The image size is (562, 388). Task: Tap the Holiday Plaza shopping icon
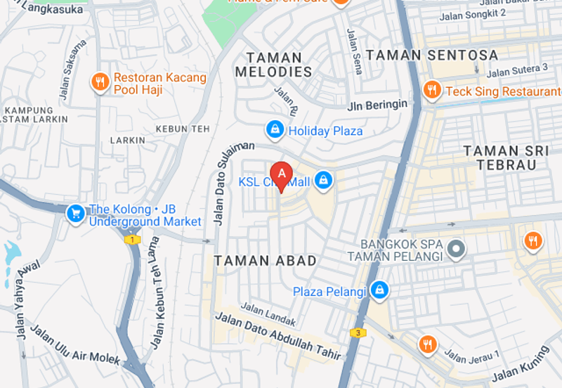click(x=275, y=130)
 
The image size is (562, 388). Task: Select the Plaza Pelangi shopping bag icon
click(x=379, y=290)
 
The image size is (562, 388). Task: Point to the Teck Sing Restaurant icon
click(x=432, y=91)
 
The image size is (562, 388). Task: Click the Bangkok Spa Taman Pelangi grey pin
click(x=457, y=249)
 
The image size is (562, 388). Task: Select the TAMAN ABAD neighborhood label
click(x=266, y=261)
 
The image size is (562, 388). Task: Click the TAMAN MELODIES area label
click(x=274, y=65)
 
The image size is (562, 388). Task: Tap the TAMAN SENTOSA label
click(x=433, y=55)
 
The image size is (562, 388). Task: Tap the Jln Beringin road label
click(x=377, y=105)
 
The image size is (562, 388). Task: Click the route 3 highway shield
click(x=358, y=332)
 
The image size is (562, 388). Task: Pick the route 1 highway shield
click(x=131, y=240)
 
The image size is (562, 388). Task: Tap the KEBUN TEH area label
click(x=183, y=129)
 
